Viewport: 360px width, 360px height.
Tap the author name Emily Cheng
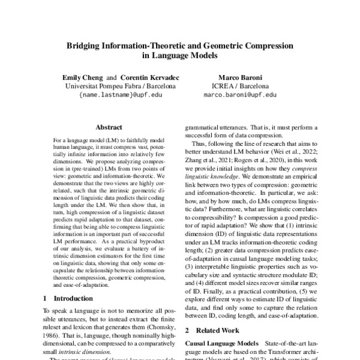83,77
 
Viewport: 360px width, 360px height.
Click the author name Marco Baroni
239,77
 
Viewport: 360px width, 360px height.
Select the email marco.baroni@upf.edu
240,94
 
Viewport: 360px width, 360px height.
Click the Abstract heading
109,127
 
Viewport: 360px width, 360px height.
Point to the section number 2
186,331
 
